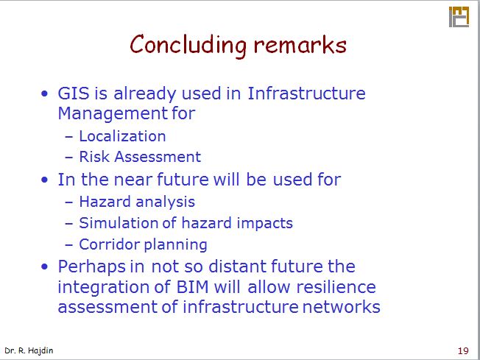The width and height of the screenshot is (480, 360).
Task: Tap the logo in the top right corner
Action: point(459,17)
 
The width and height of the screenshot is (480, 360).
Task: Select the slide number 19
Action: point(463,350)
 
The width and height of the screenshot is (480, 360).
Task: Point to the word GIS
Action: point(74,94)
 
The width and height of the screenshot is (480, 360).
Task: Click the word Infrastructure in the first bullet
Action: point(306,94)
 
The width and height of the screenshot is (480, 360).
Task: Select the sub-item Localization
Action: point(122,136)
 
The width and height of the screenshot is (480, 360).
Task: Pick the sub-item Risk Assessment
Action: point(139,157)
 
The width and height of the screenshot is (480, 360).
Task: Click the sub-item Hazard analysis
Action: point(136,202)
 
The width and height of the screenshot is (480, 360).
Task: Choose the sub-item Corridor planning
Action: point(143,244)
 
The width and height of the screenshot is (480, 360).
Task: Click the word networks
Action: point(341,307)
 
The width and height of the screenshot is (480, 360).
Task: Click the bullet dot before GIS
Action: point(46,95)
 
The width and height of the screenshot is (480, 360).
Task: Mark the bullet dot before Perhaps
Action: point(46,267)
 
